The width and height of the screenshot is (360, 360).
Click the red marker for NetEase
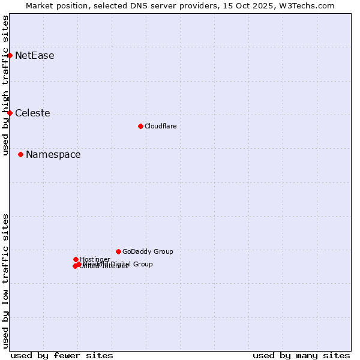(x=10, y=55)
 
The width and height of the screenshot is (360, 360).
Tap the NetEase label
(x=34, y=56)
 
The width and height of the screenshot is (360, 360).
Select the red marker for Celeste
(x=10, y=113)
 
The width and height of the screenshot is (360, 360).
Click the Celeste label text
(x=32, y=113)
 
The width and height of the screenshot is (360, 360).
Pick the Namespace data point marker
(x=20, y=154)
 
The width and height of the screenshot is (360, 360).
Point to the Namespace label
(x=53, y=155)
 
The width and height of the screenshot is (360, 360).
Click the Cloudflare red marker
(x=140, y=126)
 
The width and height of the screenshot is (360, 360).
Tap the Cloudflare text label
(x=160, y=126)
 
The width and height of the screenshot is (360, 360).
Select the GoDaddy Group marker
(x=118, y=251)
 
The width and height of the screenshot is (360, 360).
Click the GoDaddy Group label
(x=148, y=252)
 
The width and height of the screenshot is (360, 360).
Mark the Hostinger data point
(x=76, y=259)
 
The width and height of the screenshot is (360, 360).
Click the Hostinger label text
(x=95, y=260)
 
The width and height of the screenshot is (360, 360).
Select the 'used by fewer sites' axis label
(x=62, y=355)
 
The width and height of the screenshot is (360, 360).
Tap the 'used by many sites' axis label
(x=301, y=355)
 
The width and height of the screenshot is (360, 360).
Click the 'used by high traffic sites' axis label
(x=5, y=85)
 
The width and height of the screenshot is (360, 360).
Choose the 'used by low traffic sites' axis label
(x=5, y=281)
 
